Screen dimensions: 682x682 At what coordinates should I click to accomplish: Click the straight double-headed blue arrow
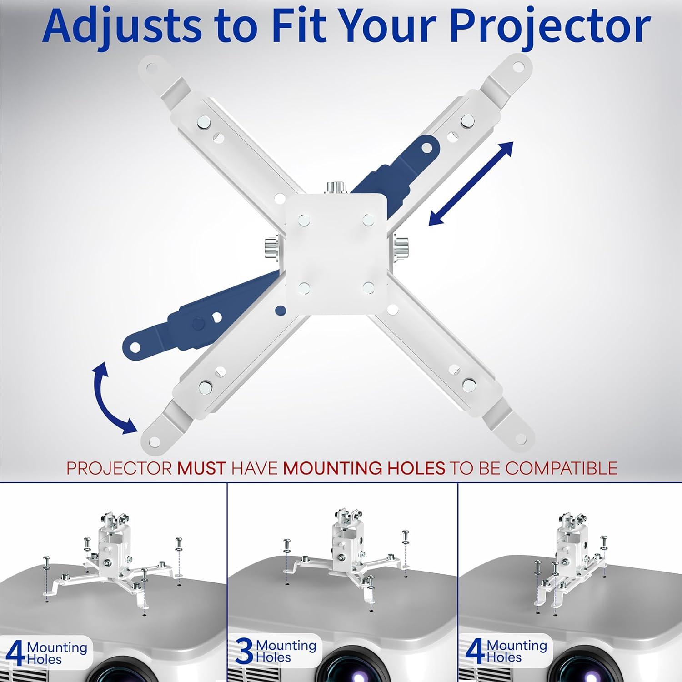tap(471, 184)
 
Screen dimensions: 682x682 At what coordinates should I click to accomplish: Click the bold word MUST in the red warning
tap(201, 468)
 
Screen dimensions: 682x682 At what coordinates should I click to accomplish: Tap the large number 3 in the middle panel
tap(244, 652)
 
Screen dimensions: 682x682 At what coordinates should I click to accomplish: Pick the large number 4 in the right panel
tap(475, 652)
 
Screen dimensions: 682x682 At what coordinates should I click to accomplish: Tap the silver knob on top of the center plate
tap(335, 188)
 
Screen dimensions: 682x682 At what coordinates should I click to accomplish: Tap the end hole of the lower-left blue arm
tap(135, 348)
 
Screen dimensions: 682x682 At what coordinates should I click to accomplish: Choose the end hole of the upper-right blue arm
tap(427, 148)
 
